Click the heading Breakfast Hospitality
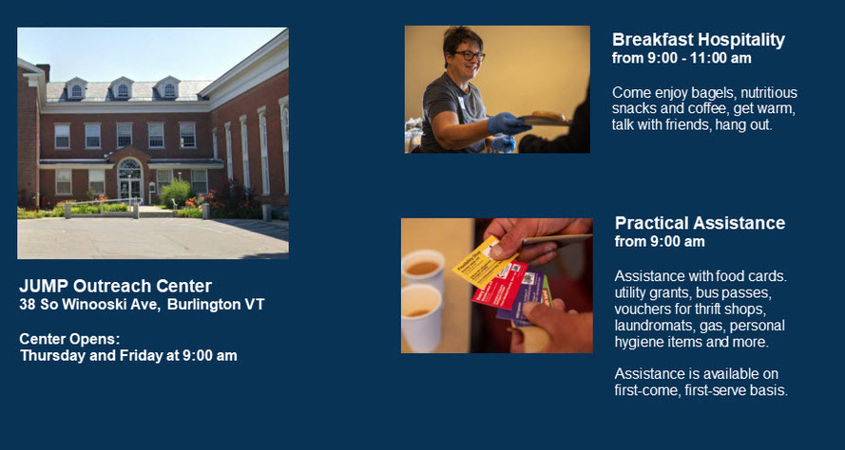coord(699,40)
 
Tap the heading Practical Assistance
coord(700,223)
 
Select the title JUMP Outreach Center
coord(116,286)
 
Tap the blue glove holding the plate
coord(507,123)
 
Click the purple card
coord(522,296)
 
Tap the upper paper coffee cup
coord(424,268)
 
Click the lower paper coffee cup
coord(422,318)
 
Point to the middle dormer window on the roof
coord(123,88)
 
